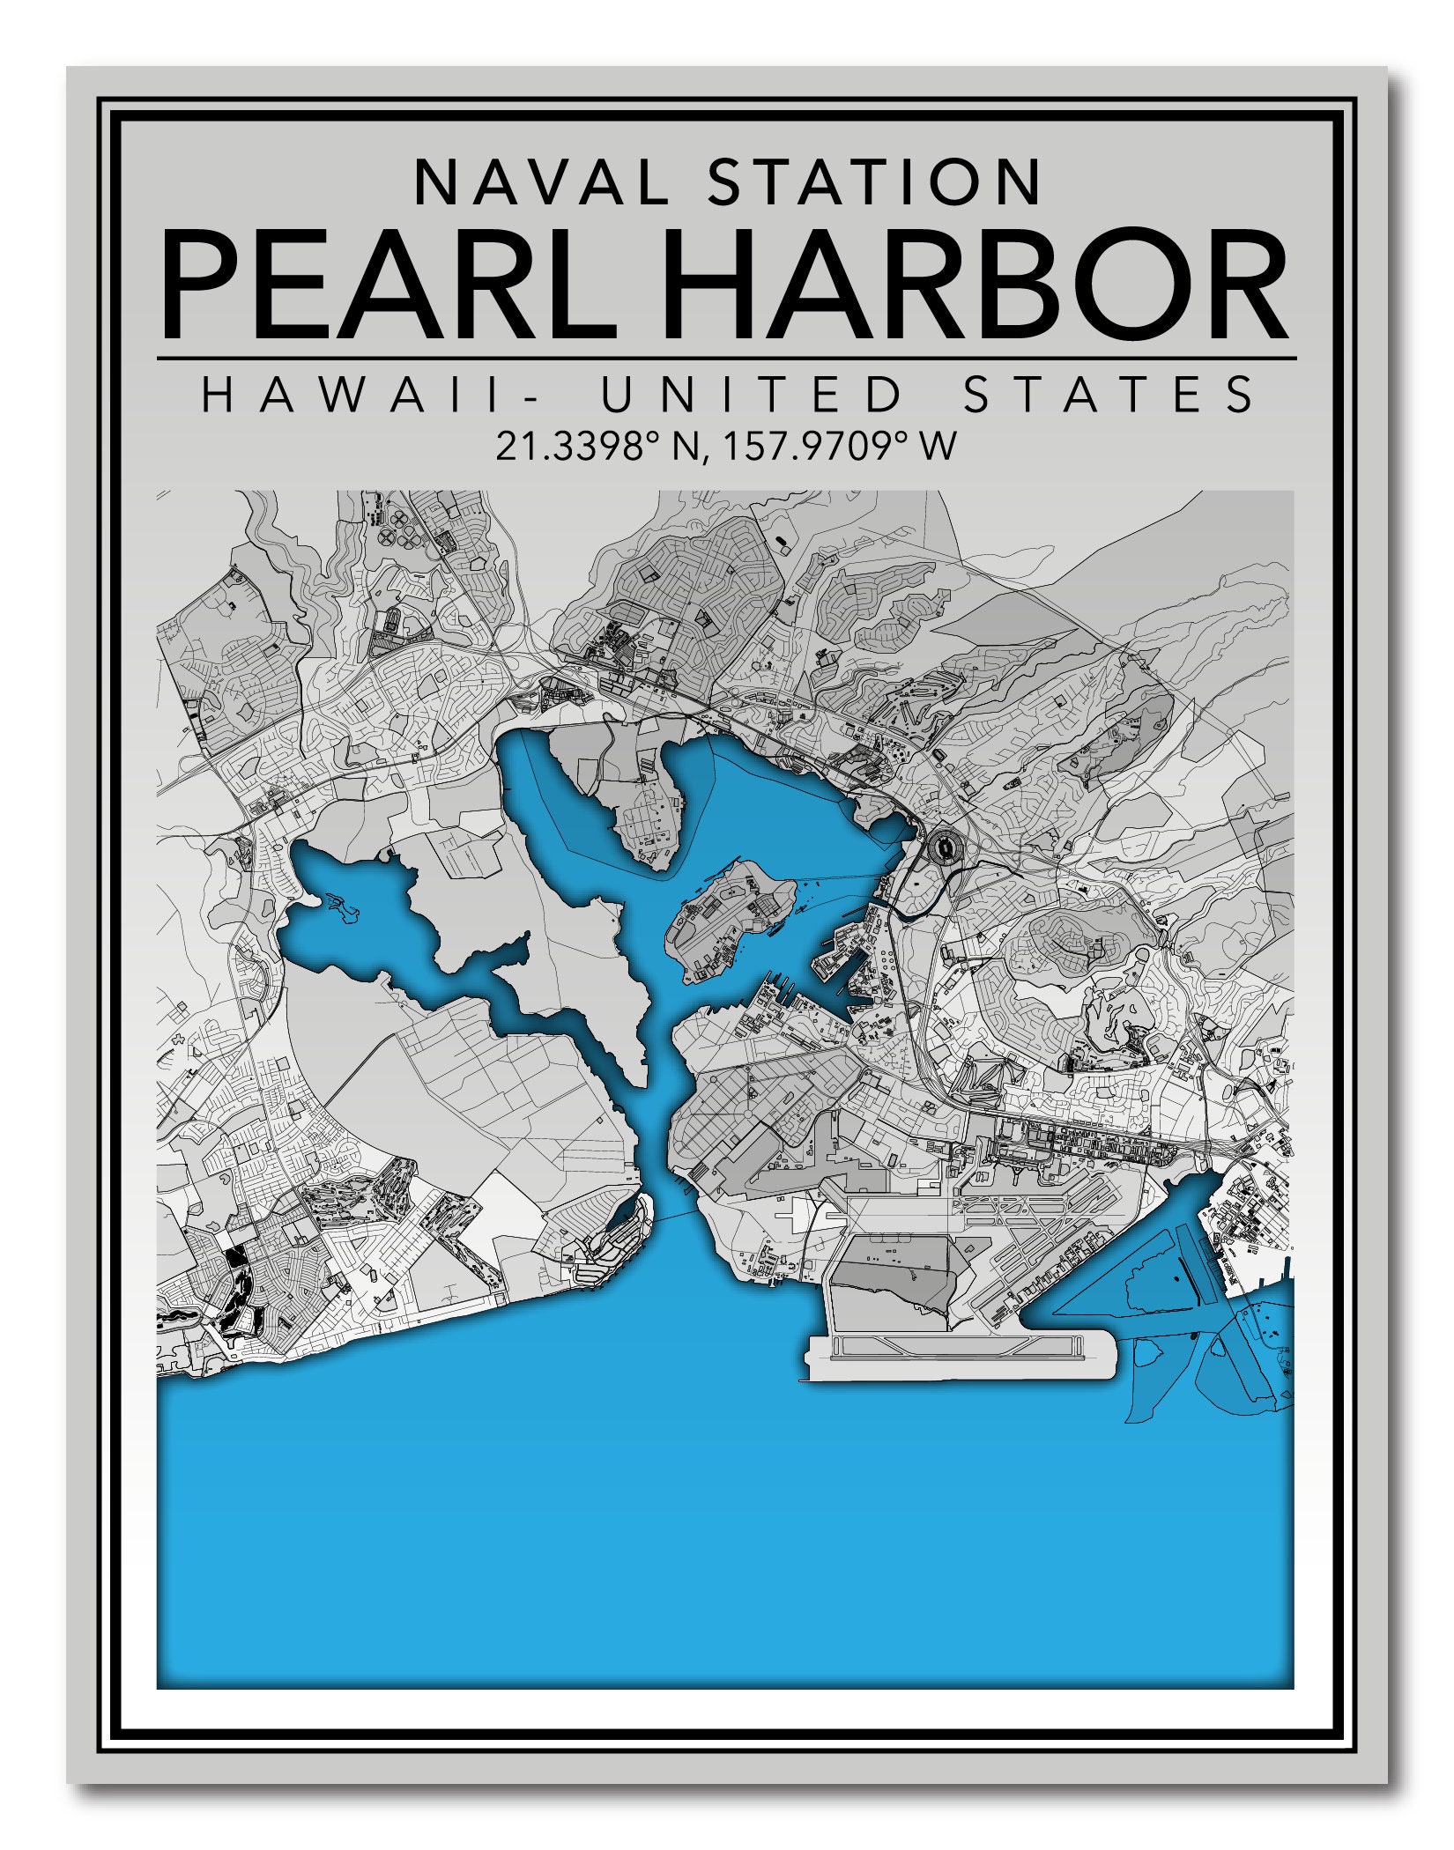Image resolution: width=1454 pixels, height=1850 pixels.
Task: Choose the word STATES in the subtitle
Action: tap(1109, 394)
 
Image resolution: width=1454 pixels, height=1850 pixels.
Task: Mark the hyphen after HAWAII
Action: tap(530, 396)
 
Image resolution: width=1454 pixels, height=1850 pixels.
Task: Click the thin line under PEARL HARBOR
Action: tap(726, 359)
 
